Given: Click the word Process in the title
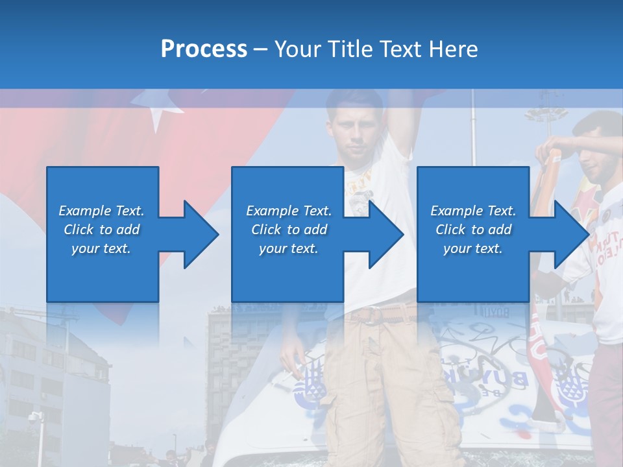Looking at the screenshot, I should tap(204, 49).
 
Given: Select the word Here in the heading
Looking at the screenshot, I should tap(453, 49).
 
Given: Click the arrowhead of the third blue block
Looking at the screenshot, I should tap(571, 234).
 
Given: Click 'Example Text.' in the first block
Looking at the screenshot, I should tap(101, 211).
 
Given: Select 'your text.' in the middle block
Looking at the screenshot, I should tap(288, 248).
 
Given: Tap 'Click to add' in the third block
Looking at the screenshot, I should tap(473, 230).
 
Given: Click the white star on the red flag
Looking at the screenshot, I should tap(158, 114).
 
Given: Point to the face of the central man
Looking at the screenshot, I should tap(354, 133).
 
